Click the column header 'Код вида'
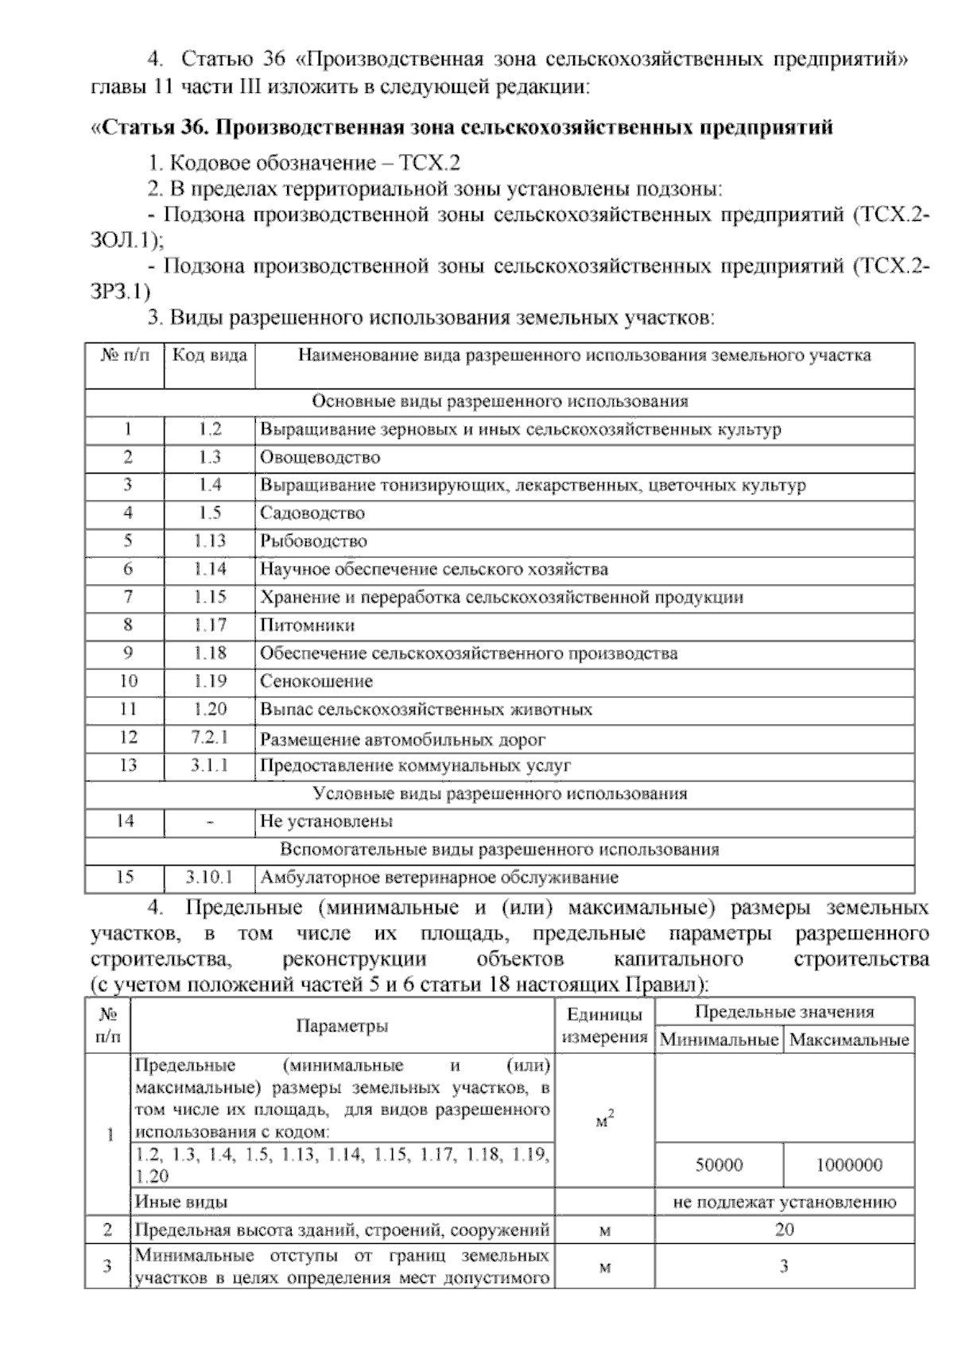click(x=210, y=355)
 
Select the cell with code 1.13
click(x=210, y=541)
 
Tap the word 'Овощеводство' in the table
click(x=320, y=458)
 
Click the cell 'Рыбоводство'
click(x=313, y=541)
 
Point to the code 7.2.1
click(x=210, y=738)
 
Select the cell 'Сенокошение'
click(x=316, y=681)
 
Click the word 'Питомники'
click(x=307, y=626)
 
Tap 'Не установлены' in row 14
click(x=326, y=821)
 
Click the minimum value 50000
click(x=719, y=1165)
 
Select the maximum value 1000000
click(x=848, y=1165)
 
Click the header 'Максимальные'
click(x=849, y=1040)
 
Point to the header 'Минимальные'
click(x=719, y=1040)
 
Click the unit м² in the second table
click(x=604, y=1122)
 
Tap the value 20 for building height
click(x=784, y=1230)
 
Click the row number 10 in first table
click(x=127, y=681)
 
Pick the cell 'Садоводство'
click(x=312, y=513)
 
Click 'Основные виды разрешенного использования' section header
click(x=500, y=401)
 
